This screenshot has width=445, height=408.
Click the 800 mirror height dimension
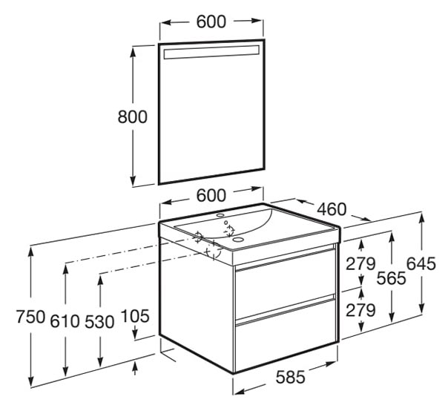pos(133,116)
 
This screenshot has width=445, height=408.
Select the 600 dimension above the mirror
pos(211,22)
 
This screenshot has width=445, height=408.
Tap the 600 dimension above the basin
pos(211,195)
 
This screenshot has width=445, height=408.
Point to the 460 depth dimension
pos(332,209)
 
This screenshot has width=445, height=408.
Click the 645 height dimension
pos(421,263)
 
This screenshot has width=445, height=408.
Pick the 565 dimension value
pos(392,278)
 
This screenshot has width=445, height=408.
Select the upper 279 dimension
pos(360,263)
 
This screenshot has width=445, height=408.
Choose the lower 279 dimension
pos(360,310)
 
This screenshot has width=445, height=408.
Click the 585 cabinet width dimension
pos(291,377)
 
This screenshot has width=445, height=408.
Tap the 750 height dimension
pos(30,317)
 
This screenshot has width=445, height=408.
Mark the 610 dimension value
pos(65,322)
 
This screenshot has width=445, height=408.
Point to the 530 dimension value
pos(99,322)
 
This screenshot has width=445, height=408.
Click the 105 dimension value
pos(135,316)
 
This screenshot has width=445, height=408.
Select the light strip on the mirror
pos(211,52)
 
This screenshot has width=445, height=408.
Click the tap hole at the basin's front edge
pos(237,240)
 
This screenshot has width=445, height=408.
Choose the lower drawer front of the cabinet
pos(286,335)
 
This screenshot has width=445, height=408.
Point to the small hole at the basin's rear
pos(220,215)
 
